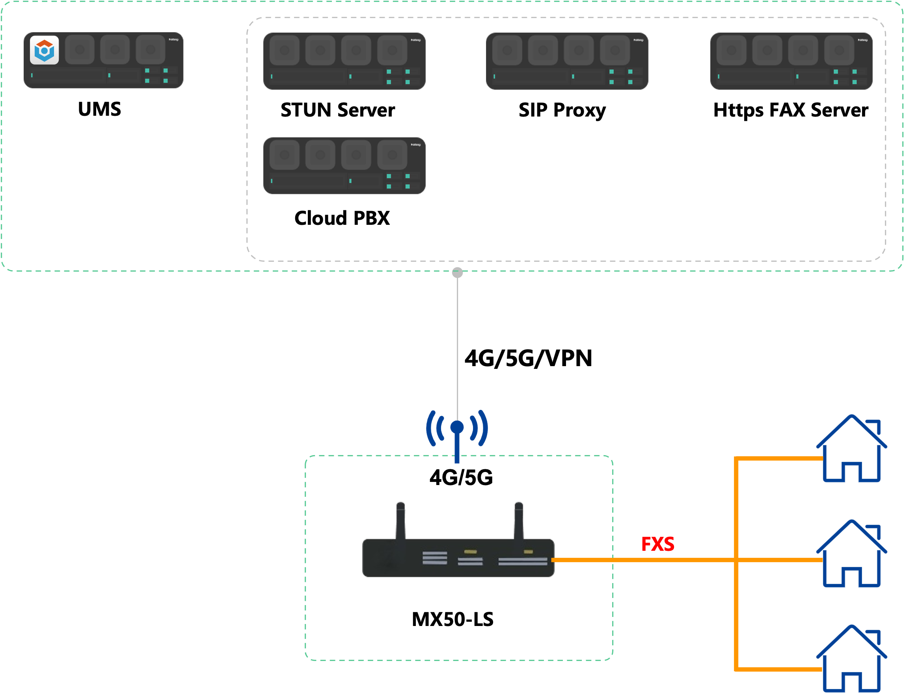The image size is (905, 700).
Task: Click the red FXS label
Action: (x=657, y=544)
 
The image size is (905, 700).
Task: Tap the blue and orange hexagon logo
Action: (x=44, y=50)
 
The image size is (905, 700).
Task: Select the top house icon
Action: (x=851, y=449)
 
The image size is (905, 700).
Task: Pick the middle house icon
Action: (x=851, y=554)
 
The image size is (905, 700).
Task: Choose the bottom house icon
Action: (x=851, y=659)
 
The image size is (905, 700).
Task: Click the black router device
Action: (x=458, y=557)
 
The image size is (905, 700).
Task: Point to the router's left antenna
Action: (x=400, y=520)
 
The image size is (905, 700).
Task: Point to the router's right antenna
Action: (x=518, y=520)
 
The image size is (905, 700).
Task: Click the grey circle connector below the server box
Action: (x=458, y=273)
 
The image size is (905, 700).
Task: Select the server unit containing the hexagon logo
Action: (x=104, y=60)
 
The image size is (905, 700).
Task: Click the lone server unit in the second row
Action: (x=344, y=166)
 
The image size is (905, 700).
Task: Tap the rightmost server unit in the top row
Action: (x=791, y=61)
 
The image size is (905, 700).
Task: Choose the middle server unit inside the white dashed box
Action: (x=567, y=61)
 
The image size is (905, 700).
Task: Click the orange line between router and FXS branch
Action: (x=642, y=560)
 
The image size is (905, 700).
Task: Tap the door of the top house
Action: (x=851, y=473)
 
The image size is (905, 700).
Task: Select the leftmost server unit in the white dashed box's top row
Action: (x=344, y=61)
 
